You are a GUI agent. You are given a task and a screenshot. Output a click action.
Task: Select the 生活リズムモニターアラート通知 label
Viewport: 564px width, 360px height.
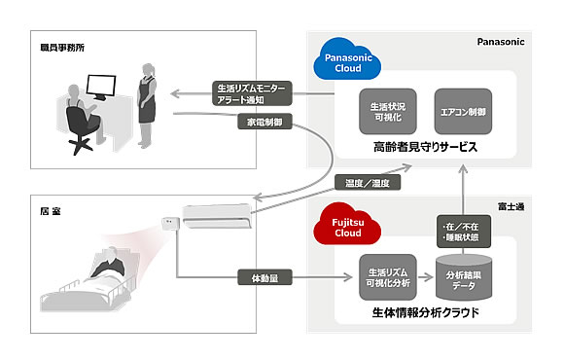253,93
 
